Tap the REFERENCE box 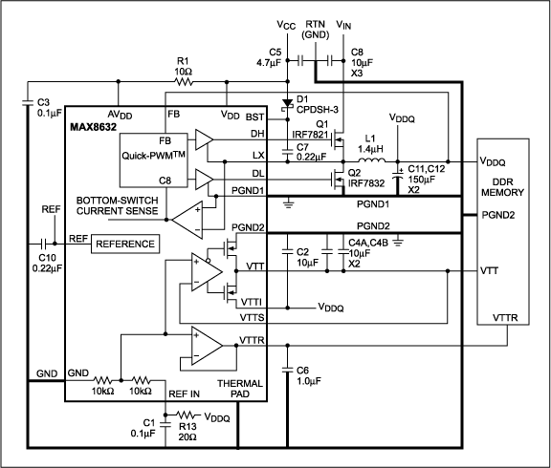(124, 244)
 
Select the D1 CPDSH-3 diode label (317, 104)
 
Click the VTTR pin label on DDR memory (504, 318)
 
